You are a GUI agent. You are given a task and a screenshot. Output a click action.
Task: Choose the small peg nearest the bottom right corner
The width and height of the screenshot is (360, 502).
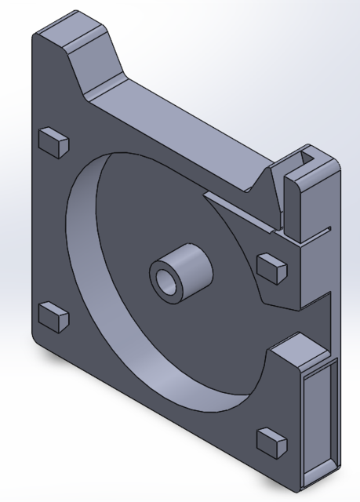coord(273,442)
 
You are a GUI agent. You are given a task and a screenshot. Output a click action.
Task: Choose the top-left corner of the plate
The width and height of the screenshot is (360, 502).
coord(35,35)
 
